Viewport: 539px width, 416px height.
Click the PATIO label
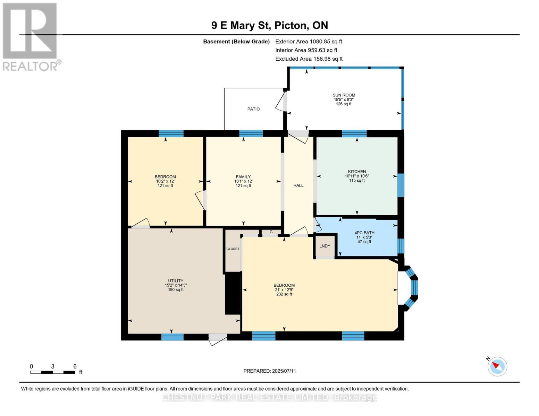253,109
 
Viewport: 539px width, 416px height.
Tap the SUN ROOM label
344,95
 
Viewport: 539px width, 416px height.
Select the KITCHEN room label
357,172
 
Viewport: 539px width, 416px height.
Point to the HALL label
298,185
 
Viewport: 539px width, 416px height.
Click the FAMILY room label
243,177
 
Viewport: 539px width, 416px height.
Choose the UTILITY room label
176,281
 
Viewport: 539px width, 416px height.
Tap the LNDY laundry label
325,246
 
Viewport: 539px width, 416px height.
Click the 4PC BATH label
364,233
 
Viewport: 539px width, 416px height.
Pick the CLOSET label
233,249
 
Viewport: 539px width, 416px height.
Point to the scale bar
53,372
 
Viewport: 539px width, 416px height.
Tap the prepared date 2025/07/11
284,371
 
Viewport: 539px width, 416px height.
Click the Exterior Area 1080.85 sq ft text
309,41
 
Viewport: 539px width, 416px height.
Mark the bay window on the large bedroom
411,288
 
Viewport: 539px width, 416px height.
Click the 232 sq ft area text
284,294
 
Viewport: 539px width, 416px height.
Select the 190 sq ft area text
176,289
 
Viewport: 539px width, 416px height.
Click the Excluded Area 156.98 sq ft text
309,59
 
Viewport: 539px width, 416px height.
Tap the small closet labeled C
271,232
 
